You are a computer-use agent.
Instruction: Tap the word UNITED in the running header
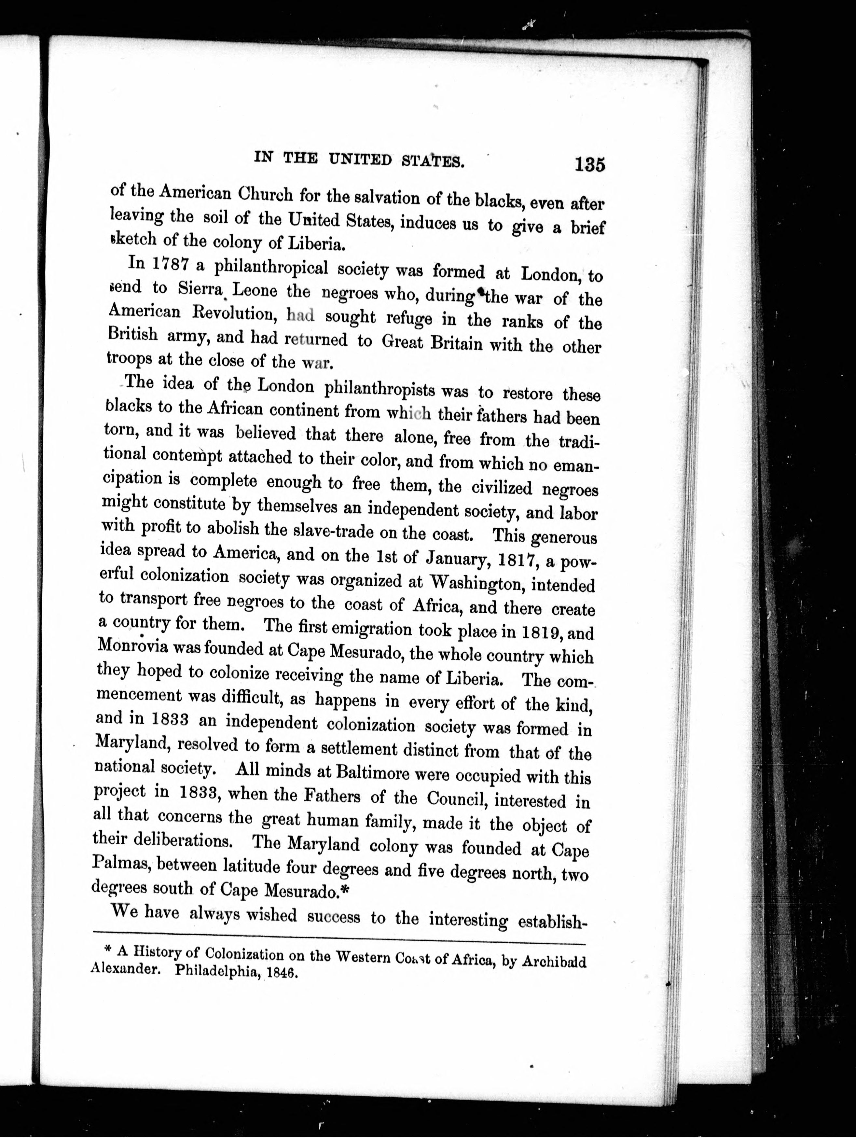[x=360, y=160]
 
